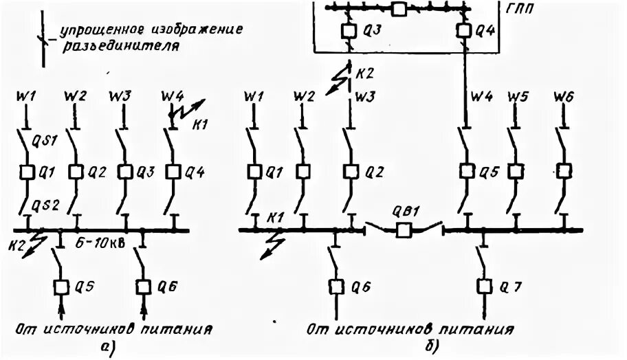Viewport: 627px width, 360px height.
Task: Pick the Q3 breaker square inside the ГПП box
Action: [348, 31]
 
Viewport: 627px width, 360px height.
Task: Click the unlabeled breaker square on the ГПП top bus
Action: [399, 8]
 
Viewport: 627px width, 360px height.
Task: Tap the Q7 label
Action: [506, 285]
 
